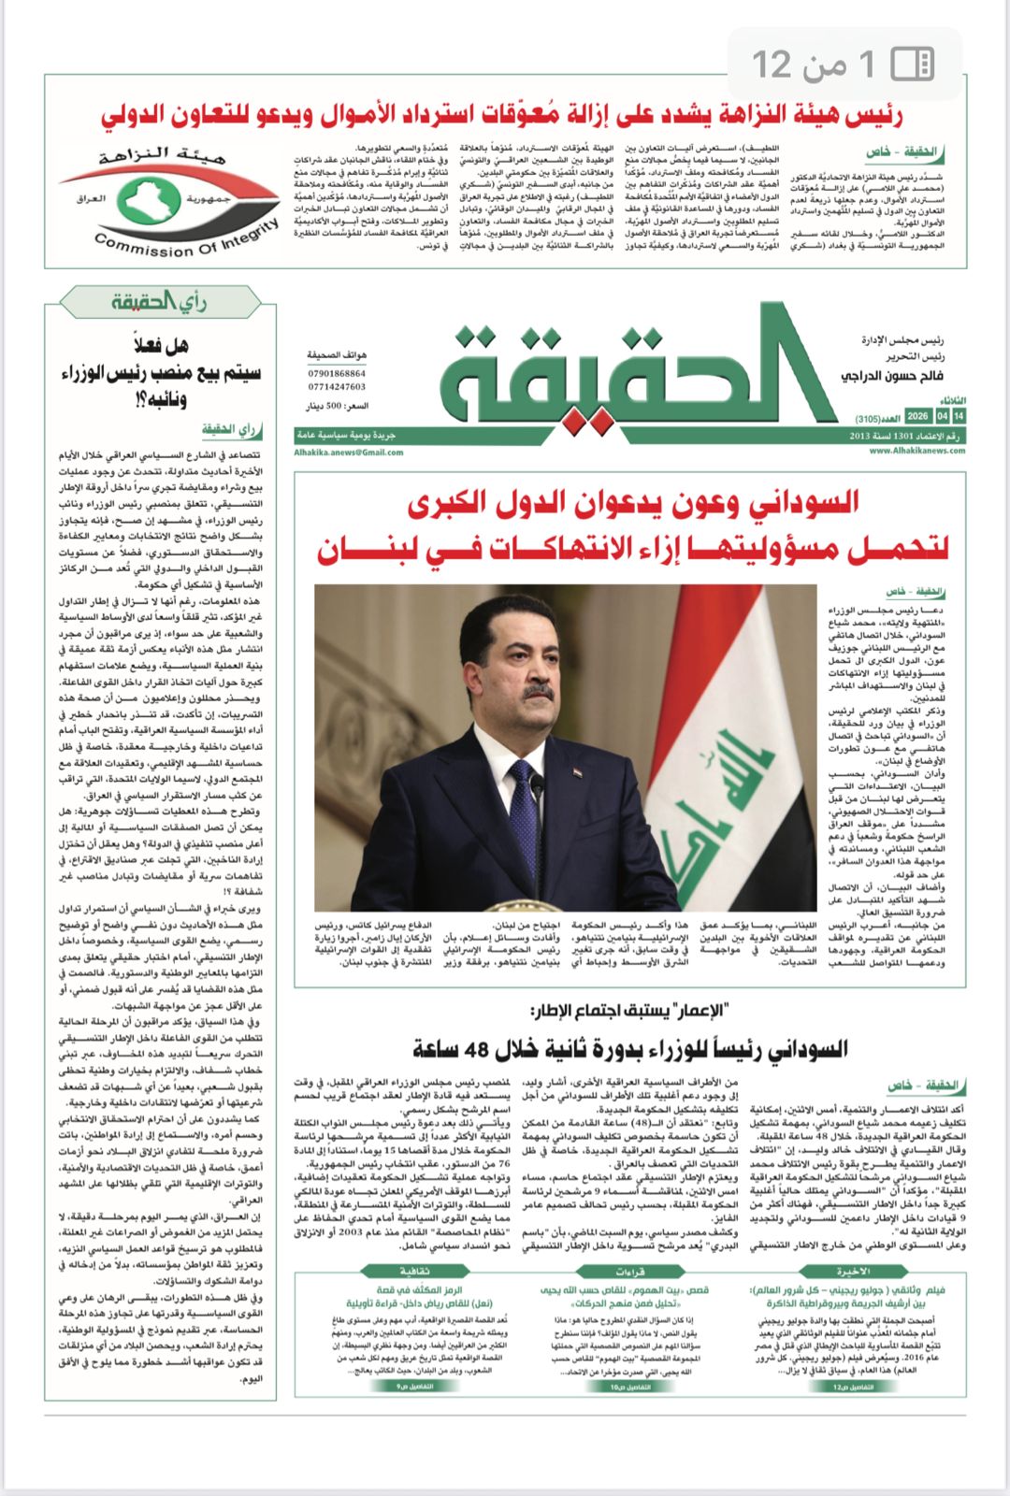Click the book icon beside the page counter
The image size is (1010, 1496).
click(x=912, y=64)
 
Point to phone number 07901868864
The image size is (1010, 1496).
click(x=337, y=373)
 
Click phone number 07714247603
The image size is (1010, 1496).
click(x=337, y=386)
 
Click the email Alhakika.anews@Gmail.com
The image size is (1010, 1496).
click(x=349, y=452)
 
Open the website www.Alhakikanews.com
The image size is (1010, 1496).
click(x=916, y=451)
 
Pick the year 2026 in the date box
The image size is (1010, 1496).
click(x=917, y=415)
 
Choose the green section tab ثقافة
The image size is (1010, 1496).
click(x=414, y=1272)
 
